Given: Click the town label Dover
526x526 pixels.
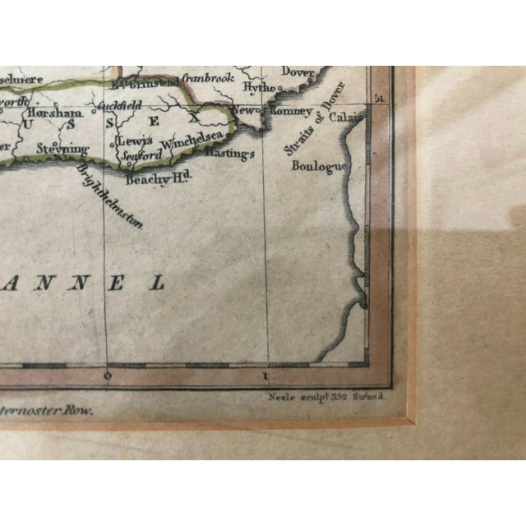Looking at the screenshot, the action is tap(298, 72).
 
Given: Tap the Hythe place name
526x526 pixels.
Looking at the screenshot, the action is tap(260, 87).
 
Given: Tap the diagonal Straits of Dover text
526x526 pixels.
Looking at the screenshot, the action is tap(303, 131).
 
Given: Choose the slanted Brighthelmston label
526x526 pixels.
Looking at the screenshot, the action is tap(109, 193).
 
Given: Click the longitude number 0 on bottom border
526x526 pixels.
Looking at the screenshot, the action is tap(107, 376).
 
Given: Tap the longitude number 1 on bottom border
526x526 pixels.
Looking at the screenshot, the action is tap(265, 376).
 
